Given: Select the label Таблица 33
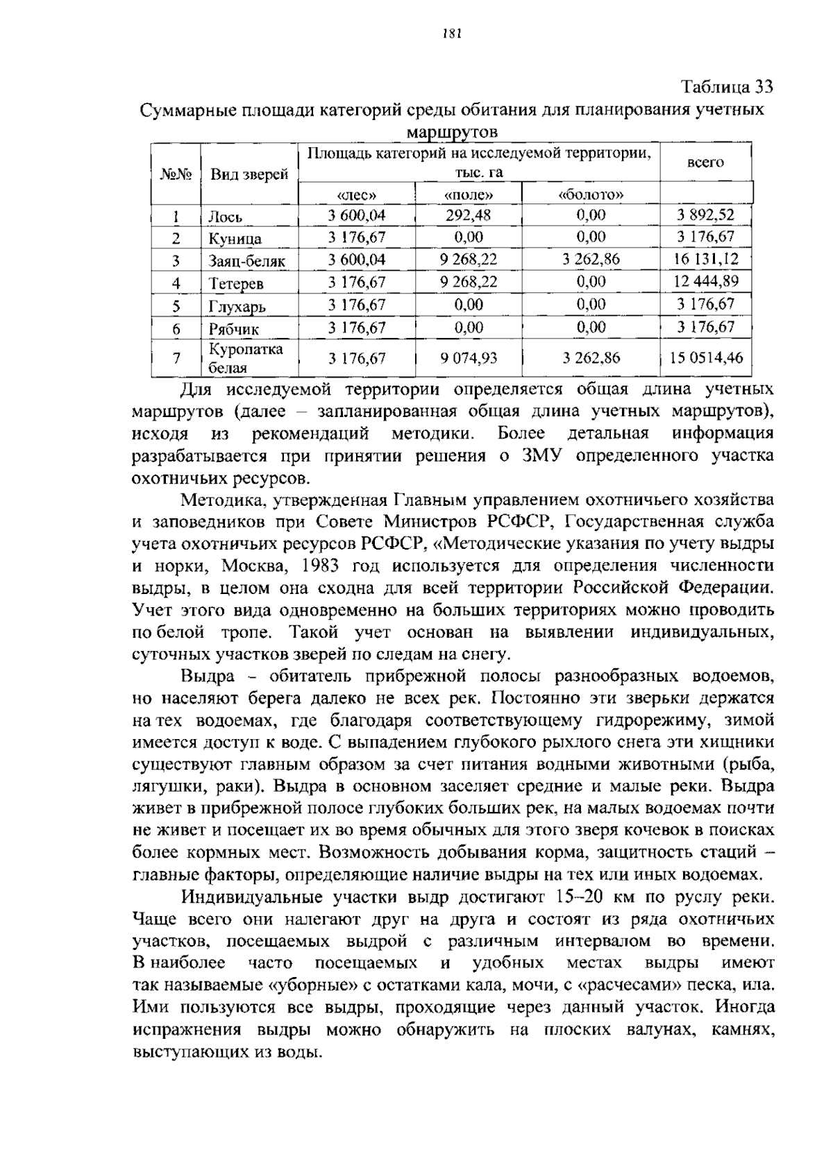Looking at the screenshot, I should coord(727,87).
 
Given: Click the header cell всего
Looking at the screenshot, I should coord(705,162).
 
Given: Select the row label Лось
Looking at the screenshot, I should coord(226,217).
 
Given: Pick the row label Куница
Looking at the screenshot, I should coord(235,239).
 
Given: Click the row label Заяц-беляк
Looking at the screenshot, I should coord(247,262).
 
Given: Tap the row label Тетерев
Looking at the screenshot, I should coord(236,284).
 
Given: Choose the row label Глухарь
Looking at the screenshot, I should coord(237,306).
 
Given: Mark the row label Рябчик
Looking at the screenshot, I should coord(234,329).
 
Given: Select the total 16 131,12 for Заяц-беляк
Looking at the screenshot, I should coord(705,260).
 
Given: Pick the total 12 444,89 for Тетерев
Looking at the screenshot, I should coord(705,281).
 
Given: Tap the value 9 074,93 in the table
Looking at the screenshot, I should coord(469,358).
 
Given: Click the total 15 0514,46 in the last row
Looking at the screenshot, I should coord(705,358).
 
